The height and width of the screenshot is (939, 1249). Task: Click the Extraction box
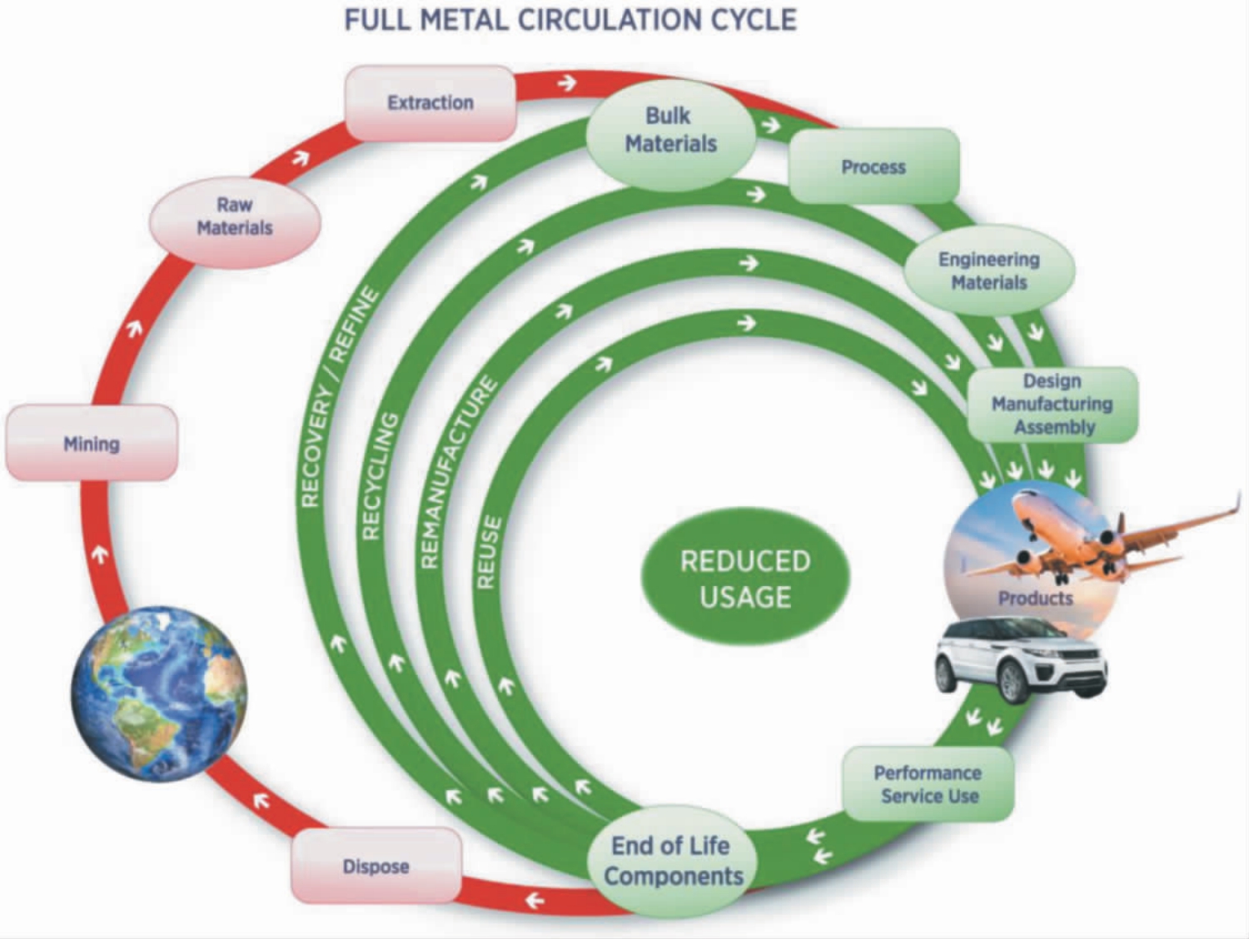pyautogui.click(x=430, y=103)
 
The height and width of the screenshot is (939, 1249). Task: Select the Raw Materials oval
pyautogui.click(x=235, y=221)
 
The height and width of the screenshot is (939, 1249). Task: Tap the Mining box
pyautogui.click(x=92, y=443)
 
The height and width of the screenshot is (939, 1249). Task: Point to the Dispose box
pyautogui.click(x=376, y=866)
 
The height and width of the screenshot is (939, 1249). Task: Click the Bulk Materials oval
pyautogui.click(x=671, y=135)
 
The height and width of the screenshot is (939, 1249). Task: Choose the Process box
pyautogui.click(x=874, y=166)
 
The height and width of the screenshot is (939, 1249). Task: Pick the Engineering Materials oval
pyautogui.click(x=989, y=271)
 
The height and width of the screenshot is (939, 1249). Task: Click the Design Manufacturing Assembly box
pyautogui.click(x=1052, y=405)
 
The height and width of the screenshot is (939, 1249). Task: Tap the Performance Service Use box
pyautogui.click(x=928, y=784)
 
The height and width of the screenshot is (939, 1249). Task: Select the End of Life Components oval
pyautogui.click(x=672, y=861)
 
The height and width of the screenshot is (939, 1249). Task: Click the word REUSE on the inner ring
pyautogui.click(x=490, y=552)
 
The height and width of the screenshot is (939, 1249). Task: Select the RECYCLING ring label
pyautogui.click(x=379, y=476)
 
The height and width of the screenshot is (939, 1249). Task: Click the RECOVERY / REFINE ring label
pyautogui.click(x=339, y=398)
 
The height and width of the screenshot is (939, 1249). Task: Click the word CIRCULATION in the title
pyautogui.click(x=610, y=20)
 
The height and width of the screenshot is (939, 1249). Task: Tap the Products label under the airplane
pyautogui.click(x=1036, y=599)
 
